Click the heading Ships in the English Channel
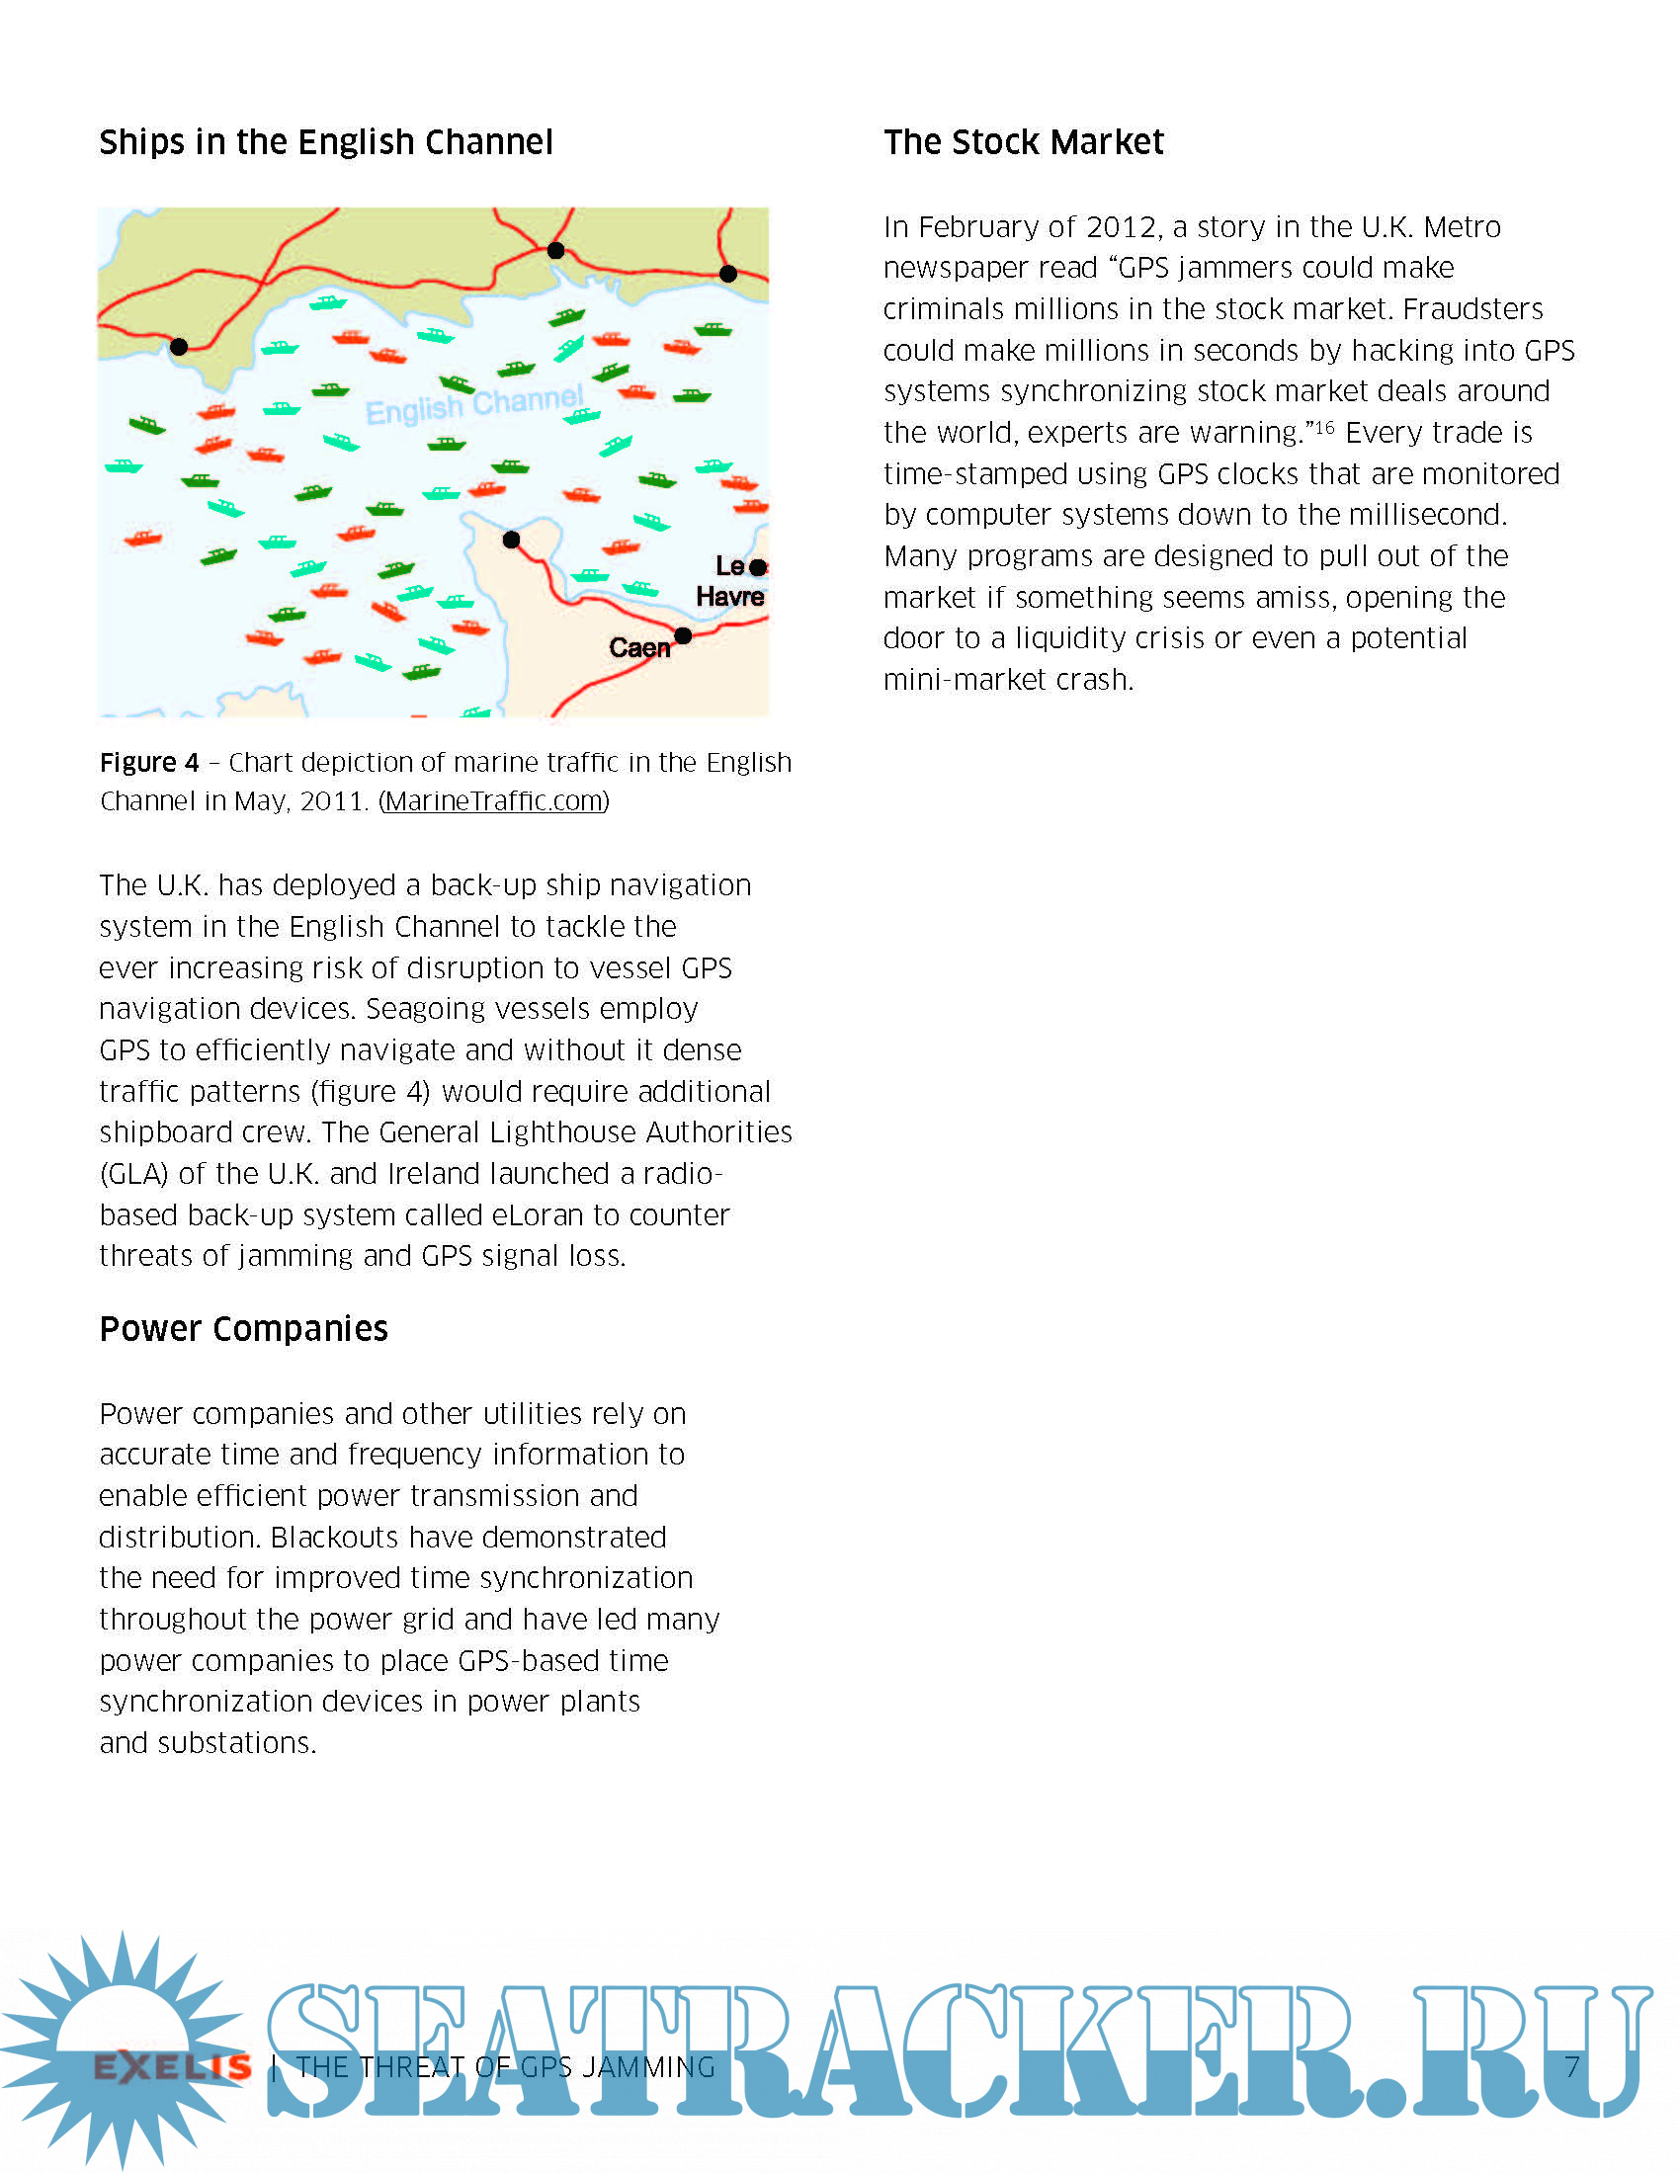click(325, 142)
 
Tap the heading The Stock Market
click(1023, 142)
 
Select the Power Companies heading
click(244, 1329)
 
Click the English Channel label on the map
click(473, 404)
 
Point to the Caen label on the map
click(639, 648)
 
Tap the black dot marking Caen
click(683, 635)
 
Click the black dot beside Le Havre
click(758, 567)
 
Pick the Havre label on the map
click(729, 597)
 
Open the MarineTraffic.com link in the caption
click(495, 801)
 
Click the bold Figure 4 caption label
click(149, 764)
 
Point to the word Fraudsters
click(1472, 309)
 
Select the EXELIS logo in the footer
click(172, 2067)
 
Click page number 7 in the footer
click(1571, 2067)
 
